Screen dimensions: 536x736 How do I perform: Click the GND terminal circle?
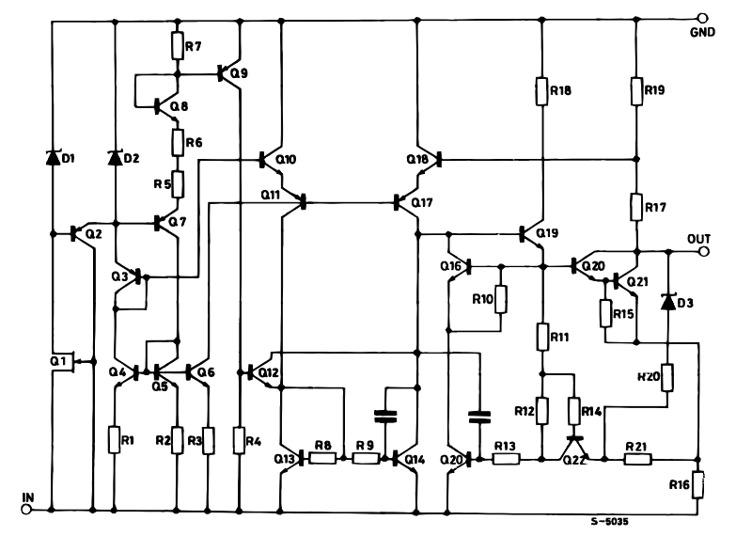[700, 17]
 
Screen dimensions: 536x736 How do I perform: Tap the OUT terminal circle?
[700, 251]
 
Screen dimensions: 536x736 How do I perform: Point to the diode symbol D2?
[116, 157]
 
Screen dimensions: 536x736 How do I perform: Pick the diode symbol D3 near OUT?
[668, 302]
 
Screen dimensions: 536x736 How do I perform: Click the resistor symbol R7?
[177, 44]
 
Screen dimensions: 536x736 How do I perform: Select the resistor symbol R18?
[542, 91]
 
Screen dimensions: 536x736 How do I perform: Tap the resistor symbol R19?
[636, 91]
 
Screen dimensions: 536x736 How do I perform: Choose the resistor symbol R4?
[243, 439]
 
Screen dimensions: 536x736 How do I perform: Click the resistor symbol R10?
[500, 300]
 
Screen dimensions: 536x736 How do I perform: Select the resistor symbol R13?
[505, 460]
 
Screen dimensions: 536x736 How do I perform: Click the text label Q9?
[240, 72]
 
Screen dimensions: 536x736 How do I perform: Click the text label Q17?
[422, 203]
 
